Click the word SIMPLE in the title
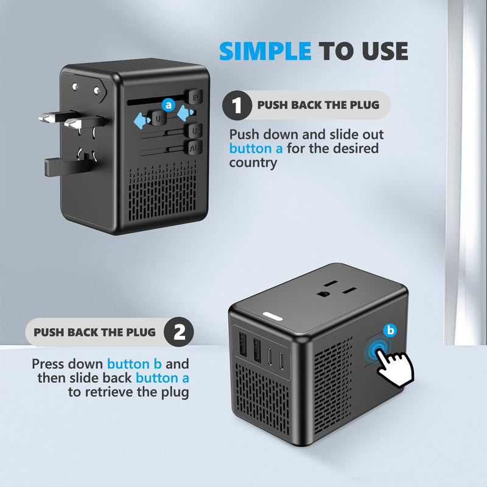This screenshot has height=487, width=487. (x=265, y=51)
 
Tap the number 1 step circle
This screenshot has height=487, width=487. (x=237, y=105)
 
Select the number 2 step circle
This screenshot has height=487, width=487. (x=180, y=332)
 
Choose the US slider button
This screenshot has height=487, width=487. (x=196, y=131)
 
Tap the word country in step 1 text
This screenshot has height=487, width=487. (x=253, y=163)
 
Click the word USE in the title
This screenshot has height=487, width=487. (x=384, y=51)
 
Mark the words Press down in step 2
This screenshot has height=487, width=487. (x=67, y=365)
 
